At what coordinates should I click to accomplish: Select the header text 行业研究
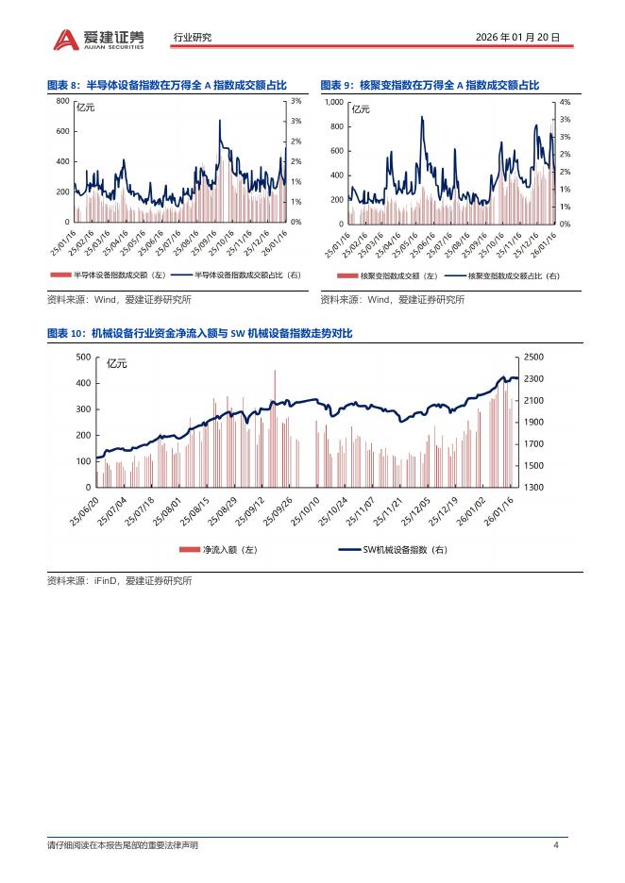tap(193, 38)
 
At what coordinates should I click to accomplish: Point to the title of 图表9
tap(429, 85)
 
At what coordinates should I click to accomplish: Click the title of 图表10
tap(200, 334)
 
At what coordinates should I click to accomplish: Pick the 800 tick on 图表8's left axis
tap(62, 101)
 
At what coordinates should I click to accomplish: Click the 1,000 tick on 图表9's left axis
tap(333, 102)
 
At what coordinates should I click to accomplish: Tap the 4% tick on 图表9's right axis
tap(565, 102)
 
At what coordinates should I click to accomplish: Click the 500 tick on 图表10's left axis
tap(83, 357)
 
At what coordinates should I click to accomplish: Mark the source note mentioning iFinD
tap(120, 581)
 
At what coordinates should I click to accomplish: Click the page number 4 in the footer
tap(556, 844)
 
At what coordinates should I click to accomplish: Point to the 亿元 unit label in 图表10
tap(117, 363)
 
